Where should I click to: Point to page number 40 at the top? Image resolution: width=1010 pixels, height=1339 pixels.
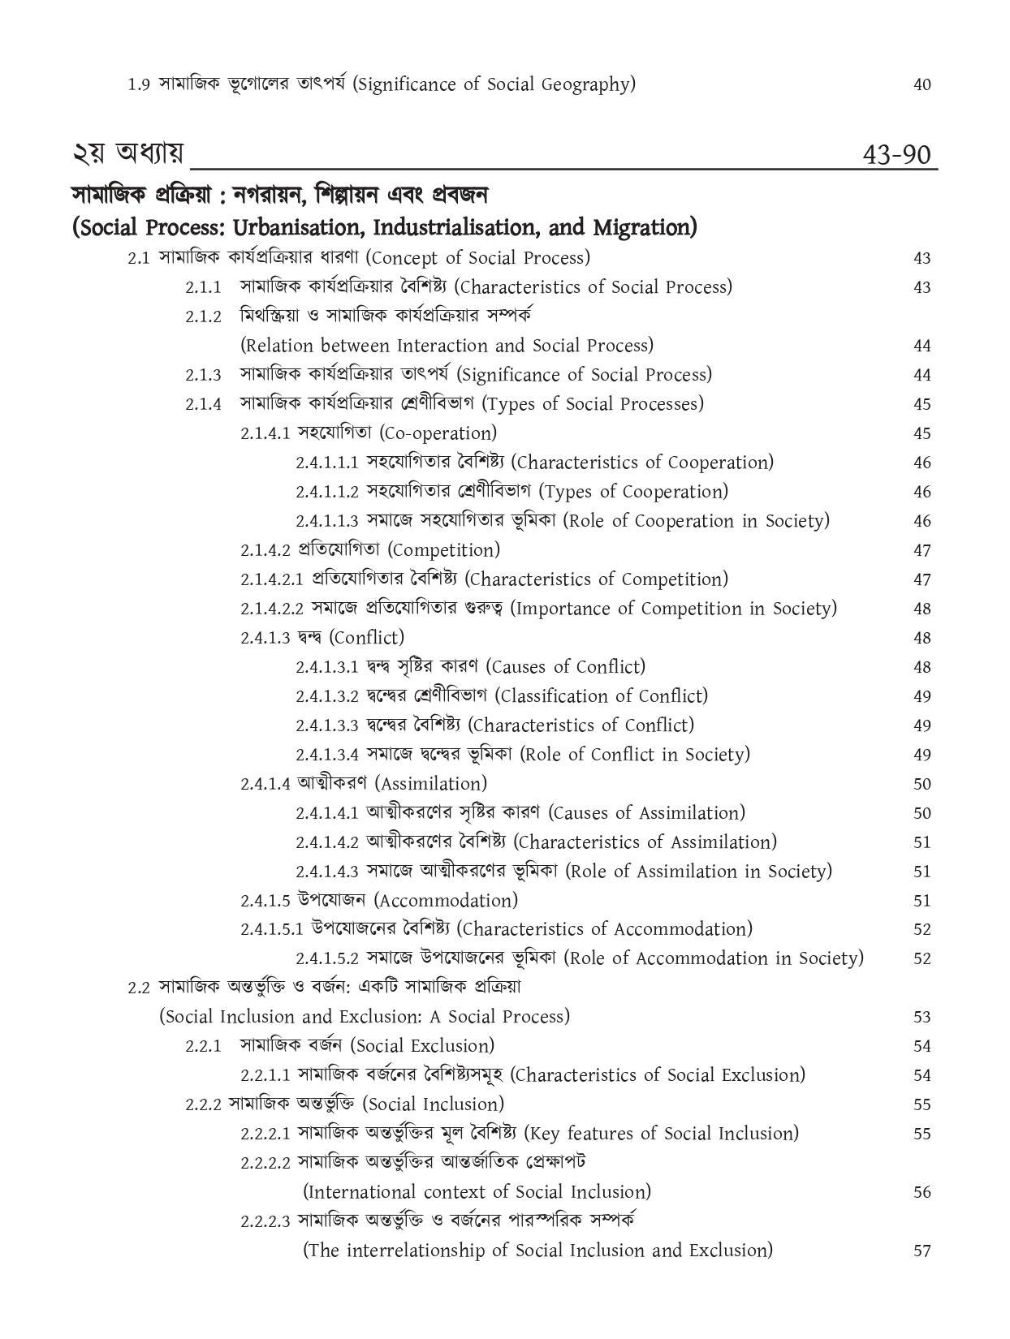pos(922,84)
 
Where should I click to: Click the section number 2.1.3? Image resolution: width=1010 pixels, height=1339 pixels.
pos(203,375)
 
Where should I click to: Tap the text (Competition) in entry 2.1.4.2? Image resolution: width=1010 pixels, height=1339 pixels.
pos(444,550)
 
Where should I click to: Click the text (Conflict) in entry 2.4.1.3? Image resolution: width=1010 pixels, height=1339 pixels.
pos(366,638)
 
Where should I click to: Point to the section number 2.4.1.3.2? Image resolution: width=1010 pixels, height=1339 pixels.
pos(327,696)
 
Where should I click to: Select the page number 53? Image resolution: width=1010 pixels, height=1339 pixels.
pos(922,1017)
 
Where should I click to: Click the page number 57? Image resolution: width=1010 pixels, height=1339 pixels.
pos(922,1251)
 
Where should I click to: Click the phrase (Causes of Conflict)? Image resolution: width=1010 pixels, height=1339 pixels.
pos(566,667)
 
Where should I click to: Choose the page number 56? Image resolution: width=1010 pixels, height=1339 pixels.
pos(922,1192)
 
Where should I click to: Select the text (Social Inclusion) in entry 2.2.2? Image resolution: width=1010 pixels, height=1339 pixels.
pos(433,1104)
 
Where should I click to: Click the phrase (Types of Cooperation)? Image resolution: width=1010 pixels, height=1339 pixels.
pos(633,492)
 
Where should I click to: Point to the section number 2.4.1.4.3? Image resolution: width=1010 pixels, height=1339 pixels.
pos(327,872)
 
